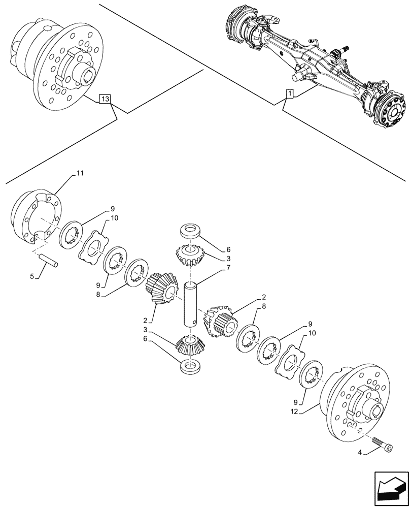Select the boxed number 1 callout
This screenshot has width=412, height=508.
289,93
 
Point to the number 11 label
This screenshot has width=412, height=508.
80,174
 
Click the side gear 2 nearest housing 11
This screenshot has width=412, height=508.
161,288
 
